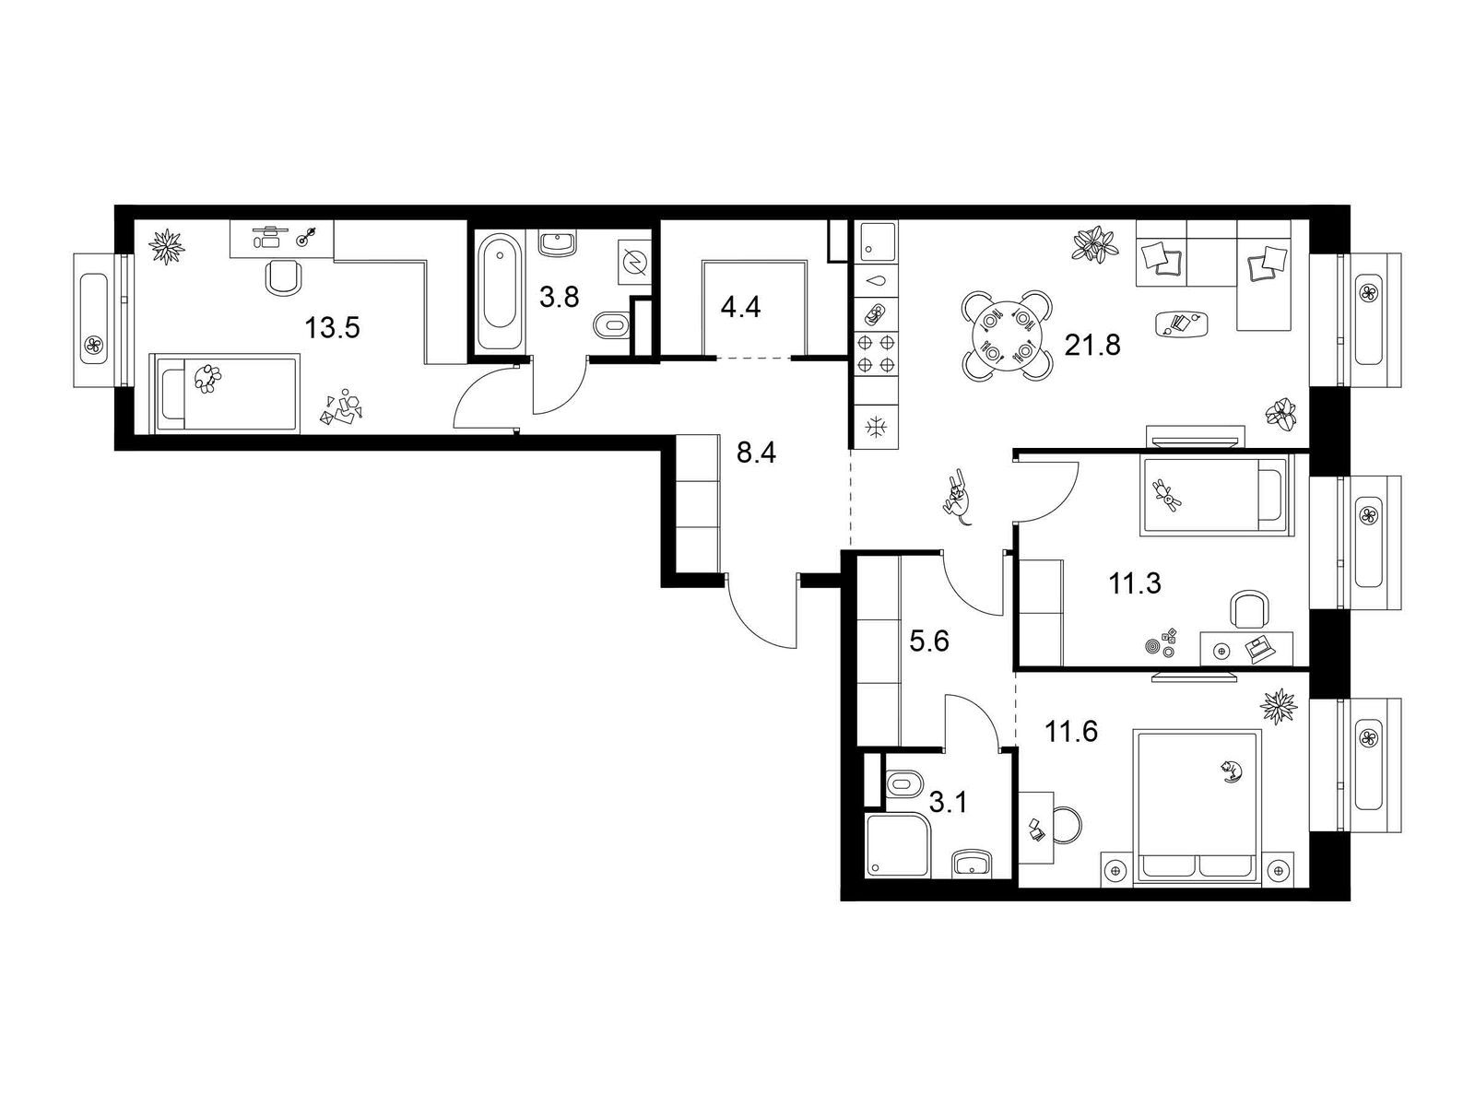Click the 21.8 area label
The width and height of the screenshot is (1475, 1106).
coord(1092,345)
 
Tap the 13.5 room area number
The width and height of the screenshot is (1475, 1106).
coord(332,328)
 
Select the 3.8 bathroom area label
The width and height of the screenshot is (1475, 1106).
coord(559,296)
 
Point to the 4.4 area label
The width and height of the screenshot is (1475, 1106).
coord(740,308)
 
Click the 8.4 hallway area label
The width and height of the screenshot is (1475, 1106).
coord(756,453)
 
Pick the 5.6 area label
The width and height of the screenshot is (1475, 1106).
coord(929,642)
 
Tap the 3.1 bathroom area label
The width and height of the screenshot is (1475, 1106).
coord(949,802)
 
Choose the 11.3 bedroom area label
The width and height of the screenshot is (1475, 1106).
coord(1135,583)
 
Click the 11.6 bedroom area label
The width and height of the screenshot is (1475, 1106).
coord(1071,731)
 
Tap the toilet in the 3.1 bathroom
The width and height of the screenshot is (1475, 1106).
coord(905,782)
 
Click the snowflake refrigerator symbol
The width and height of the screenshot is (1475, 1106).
coord(876,427)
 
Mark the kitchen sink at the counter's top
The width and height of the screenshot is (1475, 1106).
coord(876,241)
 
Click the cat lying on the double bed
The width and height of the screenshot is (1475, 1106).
coord(1231,770)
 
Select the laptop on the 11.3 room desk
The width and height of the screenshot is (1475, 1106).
coord(1257,650)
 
